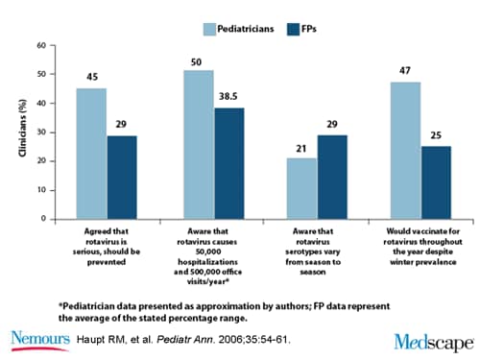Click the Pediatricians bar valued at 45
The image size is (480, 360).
[91, 154]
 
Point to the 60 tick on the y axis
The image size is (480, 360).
[41, 45]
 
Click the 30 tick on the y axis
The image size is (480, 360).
[41, 132]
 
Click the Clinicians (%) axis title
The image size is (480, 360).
[18, 132]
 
